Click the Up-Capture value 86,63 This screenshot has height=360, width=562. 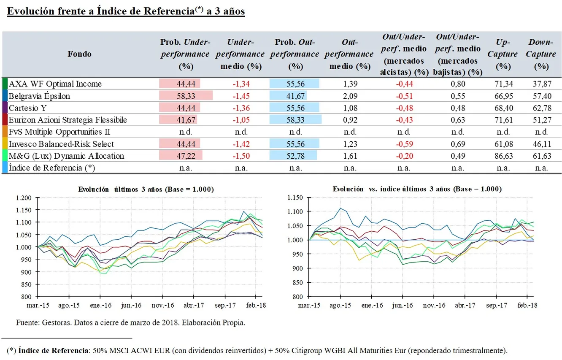point(504,156)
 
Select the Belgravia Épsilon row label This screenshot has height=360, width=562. point(39,96)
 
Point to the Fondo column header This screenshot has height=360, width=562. point(79,54)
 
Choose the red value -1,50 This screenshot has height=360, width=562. point(241,156)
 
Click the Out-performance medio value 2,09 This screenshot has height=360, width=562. point(350,96)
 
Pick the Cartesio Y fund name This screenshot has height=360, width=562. point(28,108)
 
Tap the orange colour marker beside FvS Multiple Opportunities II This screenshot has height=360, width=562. point(5,132)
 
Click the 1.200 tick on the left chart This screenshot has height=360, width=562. point(24,198)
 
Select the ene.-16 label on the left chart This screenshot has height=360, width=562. point(100,305)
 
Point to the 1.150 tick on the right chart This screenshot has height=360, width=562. point(295,198)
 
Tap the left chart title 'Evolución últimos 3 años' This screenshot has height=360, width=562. point(146,189)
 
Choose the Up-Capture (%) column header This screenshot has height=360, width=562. point(506,54)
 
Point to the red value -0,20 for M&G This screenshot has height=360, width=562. point(404,156)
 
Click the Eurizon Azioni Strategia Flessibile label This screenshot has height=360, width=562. point(68,120)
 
